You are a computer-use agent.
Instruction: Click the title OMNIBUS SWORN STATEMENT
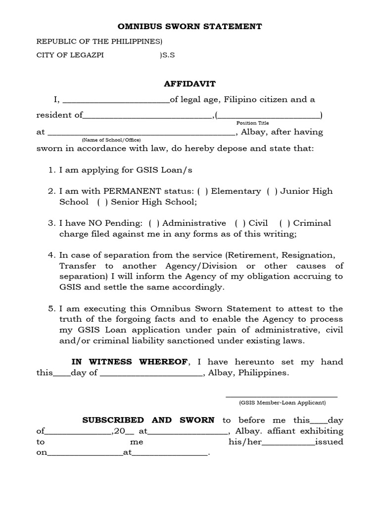pos(190,26)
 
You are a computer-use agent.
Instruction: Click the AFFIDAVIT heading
pos(190,84)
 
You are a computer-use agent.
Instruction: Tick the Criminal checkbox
pos(282,223)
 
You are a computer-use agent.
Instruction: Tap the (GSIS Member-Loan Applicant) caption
pos(283,403)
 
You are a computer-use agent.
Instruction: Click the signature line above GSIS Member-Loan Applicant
pos(282,396)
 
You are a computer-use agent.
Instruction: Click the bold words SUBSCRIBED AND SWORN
pos(148,420)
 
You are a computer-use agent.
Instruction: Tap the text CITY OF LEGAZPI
pos(70,55)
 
